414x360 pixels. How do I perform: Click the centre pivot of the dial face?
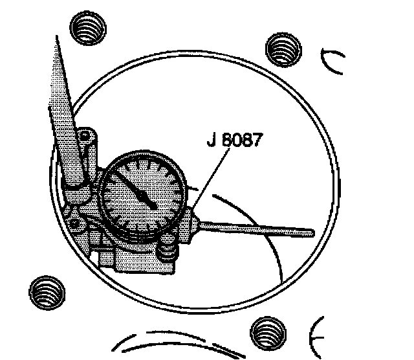(x=154, y=205)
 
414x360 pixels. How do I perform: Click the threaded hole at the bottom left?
(x=47, y=291)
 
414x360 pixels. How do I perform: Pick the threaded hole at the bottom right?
(x=267, y=331)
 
